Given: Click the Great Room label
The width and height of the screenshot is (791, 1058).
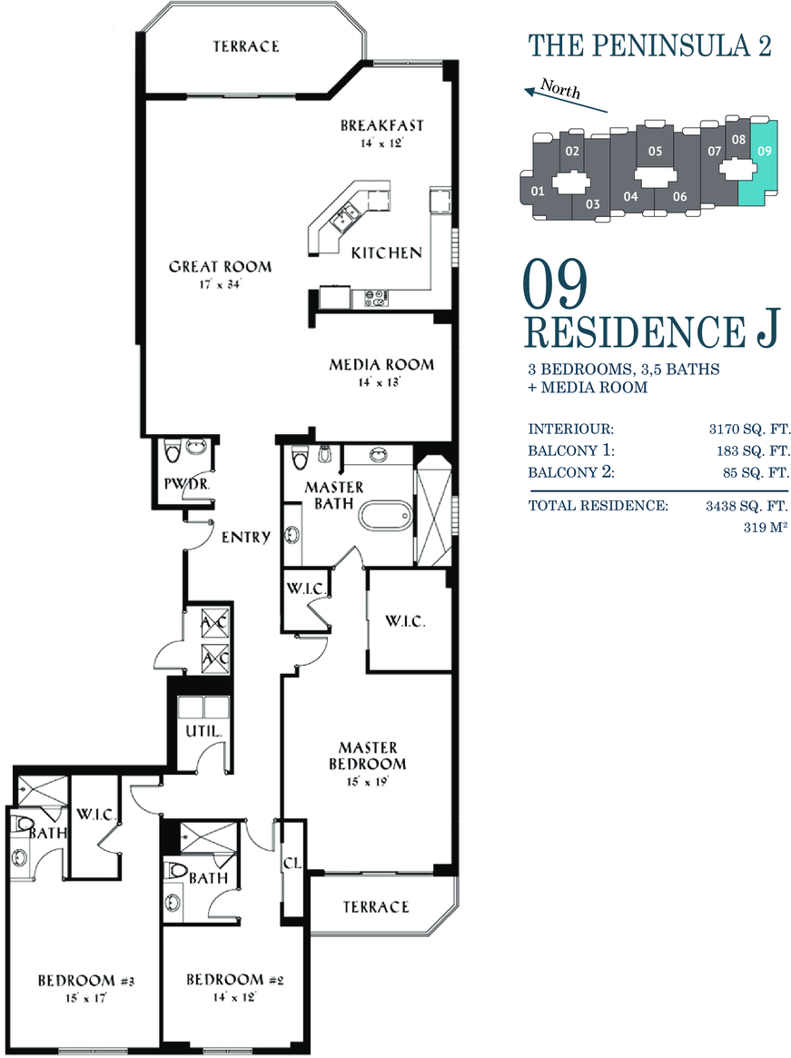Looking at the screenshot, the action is [x=220, y=266].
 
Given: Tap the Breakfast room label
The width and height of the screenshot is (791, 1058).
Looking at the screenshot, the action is [x=382, y=125].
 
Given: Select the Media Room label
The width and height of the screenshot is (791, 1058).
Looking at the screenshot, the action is [x=381, y=365].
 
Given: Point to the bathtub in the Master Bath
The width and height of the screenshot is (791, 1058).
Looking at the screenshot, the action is [x=384, y=518].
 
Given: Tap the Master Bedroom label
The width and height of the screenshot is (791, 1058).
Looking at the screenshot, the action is [x=368, y=756].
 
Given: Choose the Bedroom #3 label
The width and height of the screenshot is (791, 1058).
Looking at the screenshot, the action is [x=85, y=981].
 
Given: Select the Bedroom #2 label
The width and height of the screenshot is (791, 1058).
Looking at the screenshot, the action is [x=234, y=979].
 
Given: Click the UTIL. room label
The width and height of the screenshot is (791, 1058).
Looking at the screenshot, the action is [x=203, y=731].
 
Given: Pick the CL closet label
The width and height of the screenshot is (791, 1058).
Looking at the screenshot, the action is [x=293, y=863].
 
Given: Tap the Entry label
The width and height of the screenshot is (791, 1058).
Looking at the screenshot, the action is [x=246, y=537].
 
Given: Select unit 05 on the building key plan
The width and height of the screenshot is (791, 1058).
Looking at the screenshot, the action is [x=656, y=151].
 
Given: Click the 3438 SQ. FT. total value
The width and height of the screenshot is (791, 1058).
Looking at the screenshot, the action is [x=747, y=505].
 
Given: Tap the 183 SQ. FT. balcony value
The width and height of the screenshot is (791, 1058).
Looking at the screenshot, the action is [x=753, y=450].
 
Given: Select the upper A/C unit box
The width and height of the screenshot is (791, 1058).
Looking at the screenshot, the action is [x=215, y=622].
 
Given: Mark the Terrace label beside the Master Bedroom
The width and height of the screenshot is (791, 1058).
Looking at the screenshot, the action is [x=376, y=907].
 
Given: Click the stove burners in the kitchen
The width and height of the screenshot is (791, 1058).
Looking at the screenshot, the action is [x=377, y=298].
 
